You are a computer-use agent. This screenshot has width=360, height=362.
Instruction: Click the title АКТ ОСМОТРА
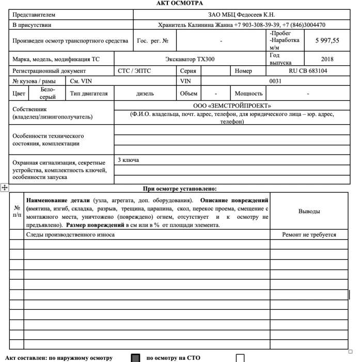coord(180,4)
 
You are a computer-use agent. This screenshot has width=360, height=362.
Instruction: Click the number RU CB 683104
coord(308,71)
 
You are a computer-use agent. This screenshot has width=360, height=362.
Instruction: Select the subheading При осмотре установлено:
coord(180,189)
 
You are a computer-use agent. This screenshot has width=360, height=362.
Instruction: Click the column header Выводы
coord(309,212)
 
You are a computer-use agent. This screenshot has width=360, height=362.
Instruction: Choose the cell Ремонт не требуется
coord(309,235)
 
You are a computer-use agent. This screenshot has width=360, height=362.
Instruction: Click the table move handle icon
coord(5,189)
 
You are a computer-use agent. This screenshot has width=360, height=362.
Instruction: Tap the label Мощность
coord(249,94)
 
